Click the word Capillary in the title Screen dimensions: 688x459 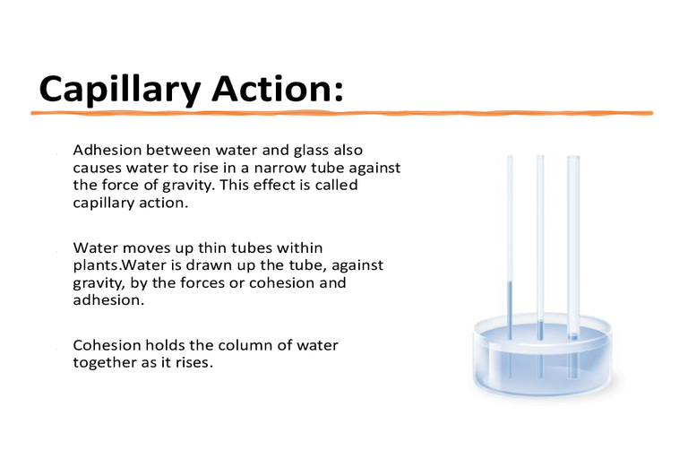[x=120, y=90]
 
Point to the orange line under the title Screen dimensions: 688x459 [x=342, y=113]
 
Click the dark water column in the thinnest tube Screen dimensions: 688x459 [x=510, y=310]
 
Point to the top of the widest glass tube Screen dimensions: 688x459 [x=573, y=156]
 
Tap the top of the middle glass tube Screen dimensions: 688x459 [x=540, y=156]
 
